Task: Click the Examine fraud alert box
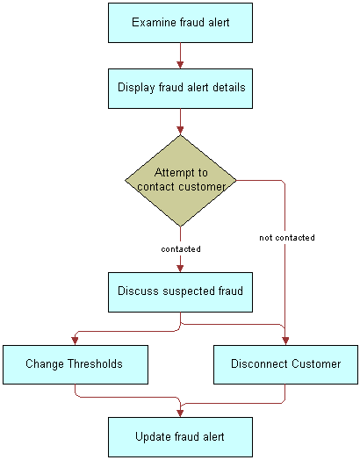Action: tap(181, 22)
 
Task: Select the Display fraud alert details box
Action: tap(181, 88)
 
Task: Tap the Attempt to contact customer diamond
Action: tap(181, 180)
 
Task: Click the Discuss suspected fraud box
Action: tap(181, 291)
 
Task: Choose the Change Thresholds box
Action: tap(74, 363)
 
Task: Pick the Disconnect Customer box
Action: tap(285, 363)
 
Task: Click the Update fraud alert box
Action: tap(181, 436)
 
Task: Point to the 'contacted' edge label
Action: tap(181, 249)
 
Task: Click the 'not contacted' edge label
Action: tap(287, 238)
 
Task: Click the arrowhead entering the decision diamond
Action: tap(181, 130)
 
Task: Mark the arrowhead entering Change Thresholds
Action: tap(75, 340)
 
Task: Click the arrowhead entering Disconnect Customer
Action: tap(285, 340)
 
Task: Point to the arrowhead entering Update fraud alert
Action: tap(181, 412)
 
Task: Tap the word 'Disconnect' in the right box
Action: tap(259, 363)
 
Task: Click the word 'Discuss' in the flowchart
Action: tap(139, 291)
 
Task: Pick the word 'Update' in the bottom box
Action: tap(153, 436)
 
